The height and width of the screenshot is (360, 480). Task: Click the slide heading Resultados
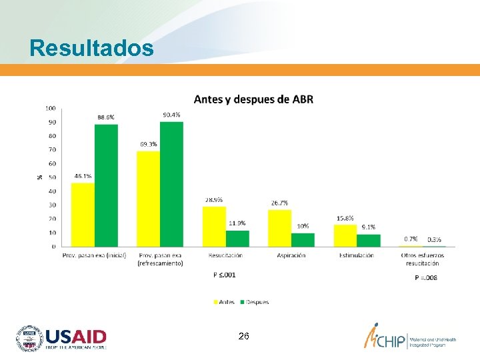tap(91, 48)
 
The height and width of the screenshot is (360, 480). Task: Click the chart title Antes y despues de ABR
tap(253, 99)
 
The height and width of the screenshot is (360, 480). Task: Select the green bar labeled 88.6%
tap(106, 185)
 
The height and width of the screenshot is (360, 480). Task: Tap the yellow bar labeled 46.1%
tap(83, 214)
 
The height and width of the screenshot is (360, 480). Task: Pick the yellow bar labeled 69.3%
tap(148, 199)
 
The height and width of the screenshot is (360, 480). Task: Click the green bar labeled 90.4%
tap(171, 184)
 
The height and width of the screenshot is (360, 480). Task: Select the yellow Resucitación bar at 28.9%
tap(214, 226)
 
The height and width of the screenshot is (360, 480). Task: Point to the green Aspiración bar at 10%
tap(303, 239)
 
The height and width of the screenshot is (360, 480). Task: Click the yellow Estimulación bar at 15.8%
tap(345, 235)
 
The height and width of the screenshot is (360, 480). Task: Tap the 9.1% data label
tap(368, 227)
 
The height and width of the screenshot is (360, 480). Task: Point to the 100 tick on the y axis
tap(51, 108)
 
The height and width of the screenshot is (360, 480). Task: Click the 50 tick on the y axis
tap(52, 177)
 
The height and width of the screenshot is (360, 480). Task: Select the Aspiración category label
tap(291, 255)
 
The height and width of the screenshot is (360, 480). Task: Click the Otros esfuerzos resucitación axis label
tap(420, 259)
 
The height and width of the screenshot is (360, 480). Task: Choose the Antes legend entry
tap(223, 302)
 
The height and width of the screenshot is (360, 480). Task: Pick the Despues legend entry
tap(253, 302)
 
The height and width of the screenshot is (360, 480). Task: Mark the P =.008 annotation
tap(425, 277)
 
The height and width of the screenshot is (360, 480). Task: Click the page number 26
tap(243, 337)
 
